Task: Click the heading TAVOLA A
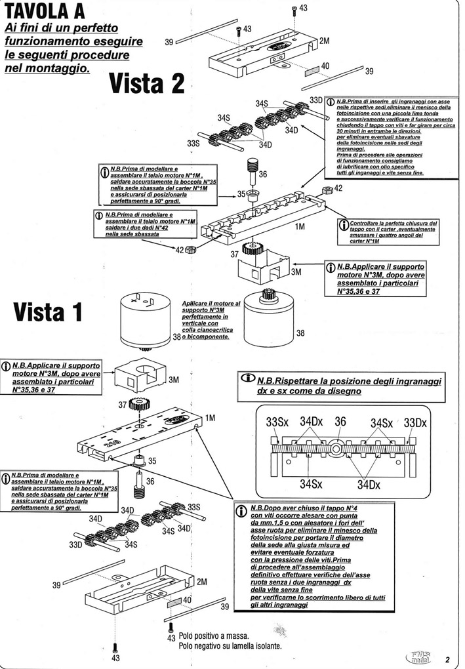44,11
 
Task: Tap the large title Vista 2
146,84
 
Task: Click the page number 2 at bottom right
446,659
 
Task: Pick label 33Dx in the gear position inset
414,423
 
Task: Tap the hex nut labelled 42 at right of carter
325,190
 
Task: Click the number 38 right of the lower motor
300,334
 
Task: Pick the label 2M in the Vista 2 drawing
323,41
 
